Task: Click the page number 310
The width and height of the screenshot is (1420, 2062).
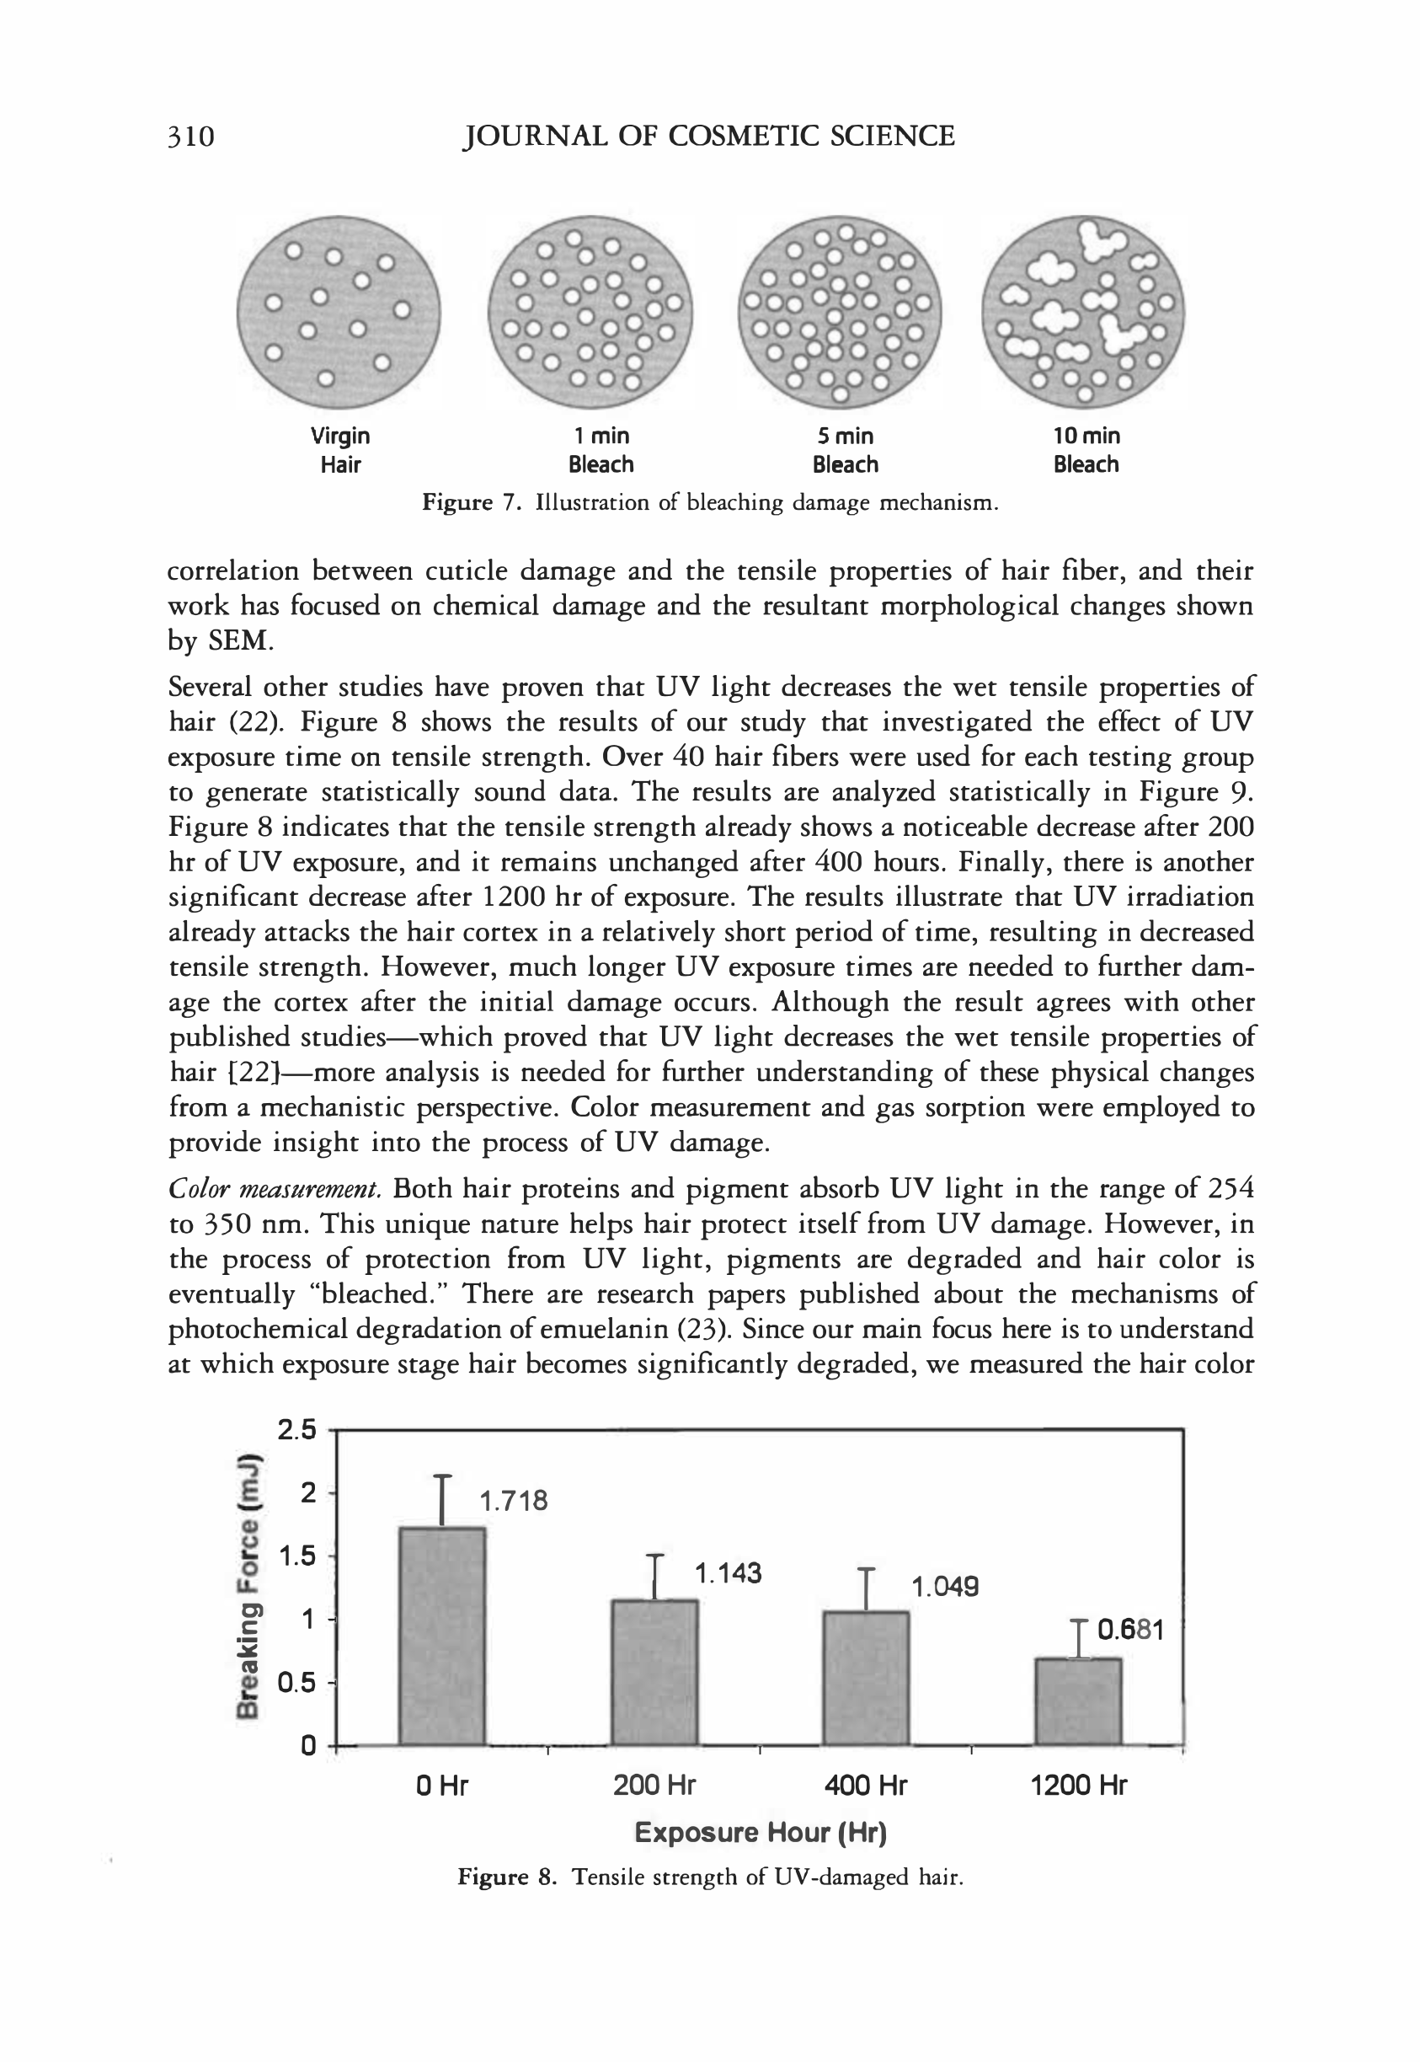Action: (x=191, y=137)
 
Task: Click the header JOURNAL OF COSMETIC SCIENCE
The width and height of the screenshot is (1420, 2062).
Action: (x=709, y=137)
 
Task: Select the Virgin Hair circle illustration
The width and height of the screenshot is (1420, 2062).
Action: (x=338, y=313)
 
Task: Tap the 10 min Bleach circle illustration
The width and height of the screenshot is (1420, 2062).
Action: (x=1083, y=313)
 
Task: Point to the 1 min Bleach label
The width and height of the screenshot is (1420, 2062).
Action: (x=601, y=450)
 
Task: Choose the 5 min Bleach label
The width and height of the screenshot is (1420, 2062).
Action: (x=846, y=450)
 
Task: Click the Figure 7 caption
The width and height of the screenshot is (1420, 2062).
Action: (x=709, y=503)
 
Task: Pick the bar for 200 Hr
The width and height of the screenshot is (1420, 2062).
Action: (x=655, y=1672)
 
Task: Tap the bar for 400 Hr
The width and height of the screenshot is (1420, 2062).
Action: (x=866, y=1678)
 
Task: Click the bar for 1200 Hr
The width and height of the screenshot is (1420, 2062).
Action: (x=1078, y=1700)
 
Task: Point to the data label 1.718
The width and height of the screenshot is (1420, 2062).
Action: (x=514, y=1502)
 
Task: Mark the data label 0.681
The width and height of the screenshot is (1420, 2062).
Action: (x=1130, y=1630)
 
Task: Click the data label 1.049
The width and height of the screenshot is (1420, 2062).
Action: (x=945, y=1586)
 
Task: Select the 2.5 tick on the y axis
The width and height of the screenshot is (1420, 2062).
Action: (x=296, y=1430)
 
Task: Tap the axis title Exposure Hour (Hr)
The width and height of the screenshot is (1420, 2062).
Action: (x=761, y=1833)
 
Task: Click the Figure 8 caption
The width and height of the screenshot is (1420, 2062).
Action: (x=710, y=1877)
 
